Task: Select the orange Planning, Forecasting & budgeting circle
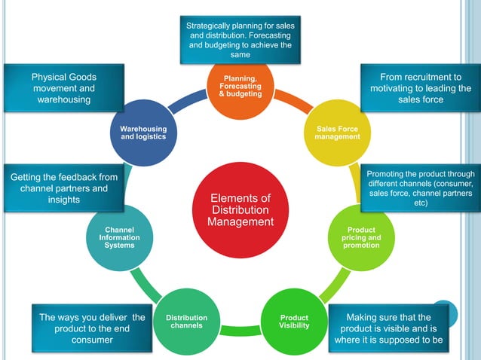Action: (x=240, y=90)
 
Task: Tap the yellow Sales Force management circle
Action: (x=337, y=133)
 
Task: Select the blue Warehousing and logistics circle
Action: (x=143, y=133)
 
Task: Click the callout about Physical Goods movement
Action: (x=63, y=89)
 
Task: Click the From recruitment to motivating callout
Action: (x=421, y=89)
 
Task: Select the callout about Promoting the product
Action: (x=419, y=188)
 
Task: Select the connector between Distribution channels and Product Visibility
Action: (x=240, y=331)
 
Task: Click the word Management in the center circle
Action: (x=240, y=222)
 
